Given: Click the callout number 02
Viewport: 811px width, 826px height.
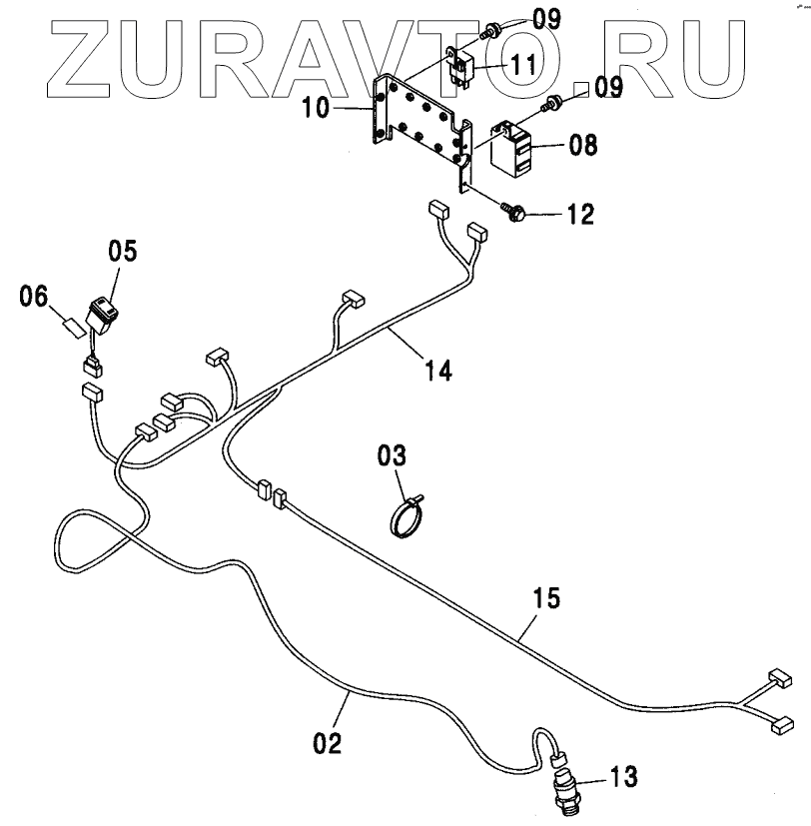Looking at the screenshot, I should click(x=327, y=742).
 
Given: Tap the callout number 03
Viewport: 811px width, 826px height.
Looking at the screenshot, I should click(x=392, y=456).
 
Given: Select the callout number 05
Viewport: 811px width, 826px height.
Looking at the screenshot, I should click(x=123, y=250).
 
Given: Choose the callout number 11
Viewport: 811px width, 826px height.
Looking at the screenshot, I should click(x=523, y=64).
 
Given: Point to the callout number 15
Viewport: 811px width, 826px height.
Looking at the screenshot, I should click(x=545, y=599).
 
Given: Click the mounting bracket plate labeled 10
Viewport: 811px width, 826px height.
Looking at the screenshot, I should click(x=419, y=124).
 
